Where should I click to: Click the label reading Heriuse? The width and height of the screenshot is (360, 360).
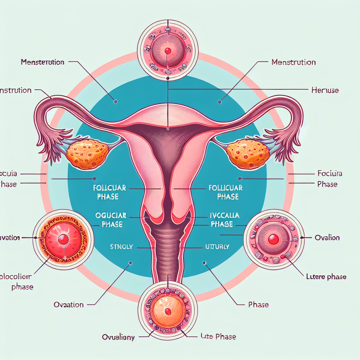coord(325,90)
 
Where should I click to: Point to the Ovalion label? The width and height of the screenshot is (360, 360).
coord(327,237)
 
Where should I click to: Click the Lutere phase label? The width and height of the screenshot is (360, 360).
coord(324,277)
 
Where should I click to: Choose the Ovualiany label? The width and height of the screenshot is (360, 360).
coord(118,337)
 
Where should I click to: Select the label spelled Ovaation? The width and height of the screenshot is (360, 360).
coord(69,304)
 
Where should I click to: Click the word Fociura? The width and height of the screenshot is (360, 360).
coord(330,173)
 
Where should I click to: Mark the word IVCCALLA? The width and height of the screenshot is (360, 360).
coord(224,215)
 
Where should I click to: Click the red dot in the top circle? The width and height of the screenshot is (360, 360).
coord(168,51)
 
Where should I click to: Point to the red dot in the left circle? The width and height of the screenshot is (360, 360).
coord(63,239)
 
